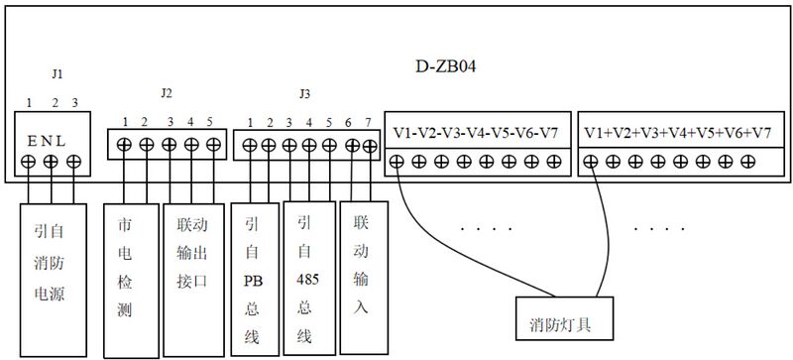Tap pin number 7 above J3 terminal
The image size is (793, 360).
click(x=368, y=122)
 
